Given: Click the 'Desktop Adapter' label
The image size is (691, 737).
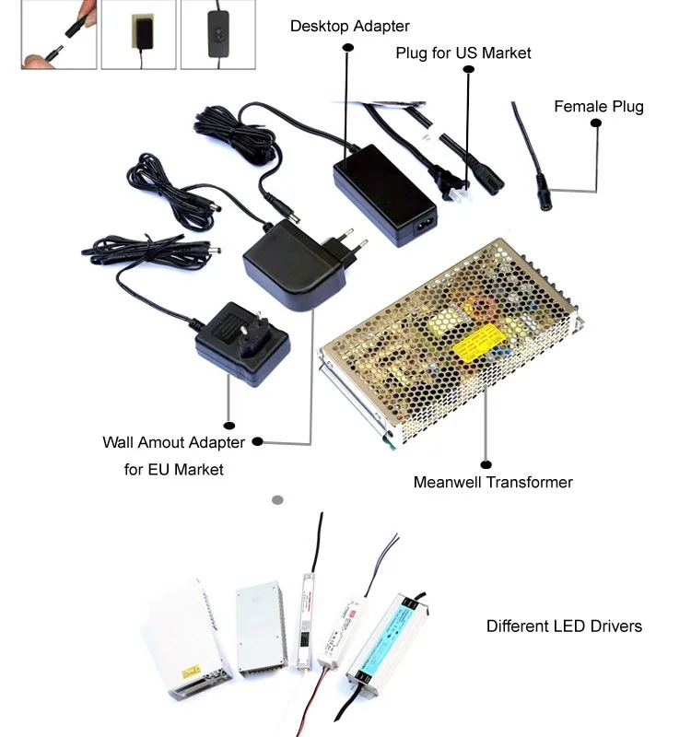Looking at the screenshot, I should (x=349, y=26).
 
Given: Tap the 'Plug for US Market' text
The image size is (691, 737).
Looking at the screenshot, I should (x=463, y=53).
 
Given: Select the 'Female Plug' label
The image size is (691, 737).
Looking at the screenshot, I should (x=598, y=106).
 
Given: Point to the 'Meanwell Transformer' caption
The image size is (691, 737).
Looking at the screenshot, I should (x=493, y=482).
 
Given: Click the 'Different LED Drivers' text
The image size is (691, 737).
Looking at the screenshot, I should (x=564, y=626).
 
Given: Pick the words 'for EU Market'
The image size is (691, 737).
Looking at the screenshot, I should (x=174, y=469).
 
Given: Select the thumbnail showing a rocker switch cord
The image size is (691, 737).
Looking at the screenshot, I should (x=217, y=34).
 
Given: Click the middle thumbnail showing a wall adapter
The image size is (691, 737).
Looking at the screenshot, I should (x=137, y=34).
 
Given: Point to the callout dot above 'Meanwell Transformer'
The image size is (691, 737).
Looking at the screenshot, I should (x=486, y=464).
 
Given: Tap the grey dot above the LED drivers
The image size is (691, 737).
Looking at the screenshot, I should (x=277, y=500).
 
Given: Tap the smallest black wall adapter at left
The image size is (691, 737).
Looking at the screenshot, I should (x=240, y=344).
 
